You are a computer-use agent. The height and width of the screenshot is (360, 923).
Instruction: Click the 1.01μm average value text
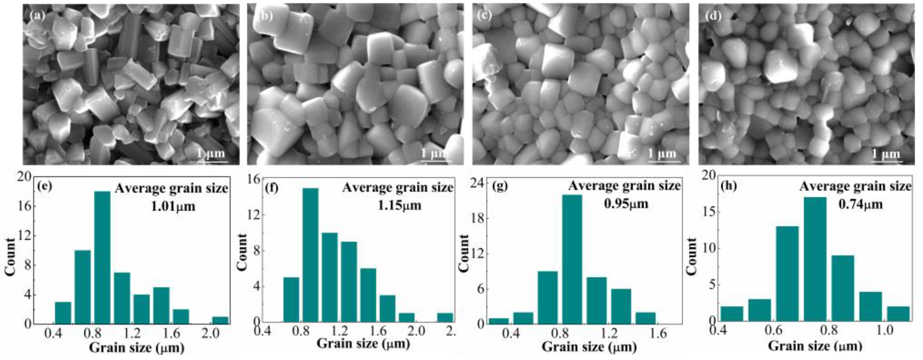point(174,207)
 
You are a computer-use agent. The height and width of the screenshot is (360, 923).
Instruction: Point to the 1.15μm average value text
point(400,206)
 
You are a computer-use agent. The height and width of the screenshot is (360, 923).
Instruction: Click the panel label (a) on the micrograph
point(37,16)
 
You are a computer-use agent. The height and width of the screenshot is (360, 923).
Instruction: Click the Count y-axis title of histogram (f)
point(243,252)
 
